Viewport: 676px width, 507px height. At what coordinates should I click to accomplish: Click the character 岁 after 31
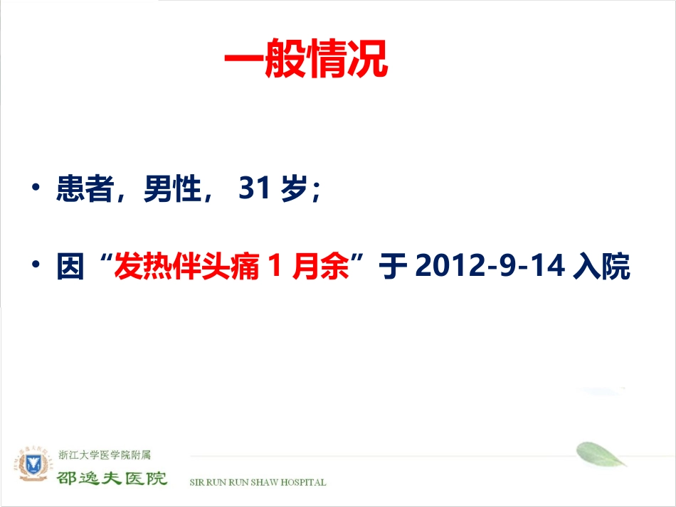pos(294,190)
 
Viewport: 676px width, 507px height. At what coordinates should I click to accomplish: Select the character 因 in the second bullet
pos(70,267)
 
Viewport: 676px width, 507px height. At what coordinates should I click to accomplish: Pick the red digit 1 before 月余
pos(270,267)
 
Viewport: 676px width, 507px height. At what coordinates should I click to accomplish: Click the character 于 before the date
pos(393,267)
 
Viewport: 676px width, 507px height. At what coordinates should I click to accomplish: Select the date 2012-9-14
pos(489,267)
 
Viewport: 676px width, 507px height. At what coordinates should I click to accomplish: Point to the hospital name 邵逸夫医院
pos(112,476)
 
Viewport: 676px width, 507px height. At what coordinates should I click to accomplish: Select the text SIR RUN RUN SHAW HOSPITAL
pos(258,482)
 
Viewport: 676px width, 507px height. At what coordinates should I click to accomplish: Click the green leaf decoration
pos(599,454)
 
